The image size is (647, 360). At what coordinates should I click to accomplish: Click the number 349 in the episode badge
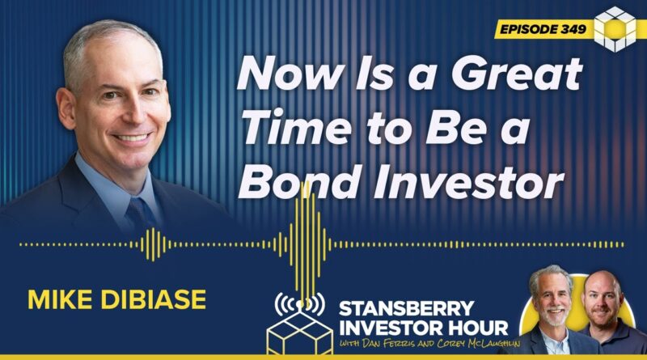tap(573, 29)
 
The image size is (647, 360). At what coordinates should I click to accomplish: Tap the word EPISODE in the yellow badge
tap(528, 29)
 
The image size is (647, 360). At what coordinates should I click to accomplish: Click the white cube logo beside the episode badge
tap(615, 29)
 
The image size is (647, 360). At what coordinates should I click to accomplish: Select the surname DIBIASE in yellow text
tap(154, 299)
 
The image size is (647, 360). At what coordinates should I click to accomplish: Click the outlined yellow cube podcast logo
tap(300, 332)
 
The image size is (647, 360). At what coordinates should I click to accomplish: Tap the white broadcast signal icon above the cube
tap(300, 303)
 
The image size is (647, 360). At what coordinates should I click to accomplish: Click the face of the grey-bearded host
tap(553, 302)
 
